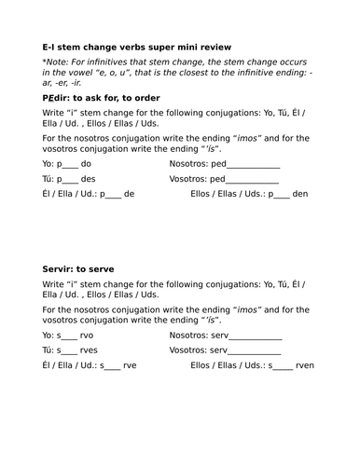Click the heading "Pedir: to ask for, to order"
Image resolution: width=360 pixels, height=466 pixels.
pyautogui.click(x=101, y=97)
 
